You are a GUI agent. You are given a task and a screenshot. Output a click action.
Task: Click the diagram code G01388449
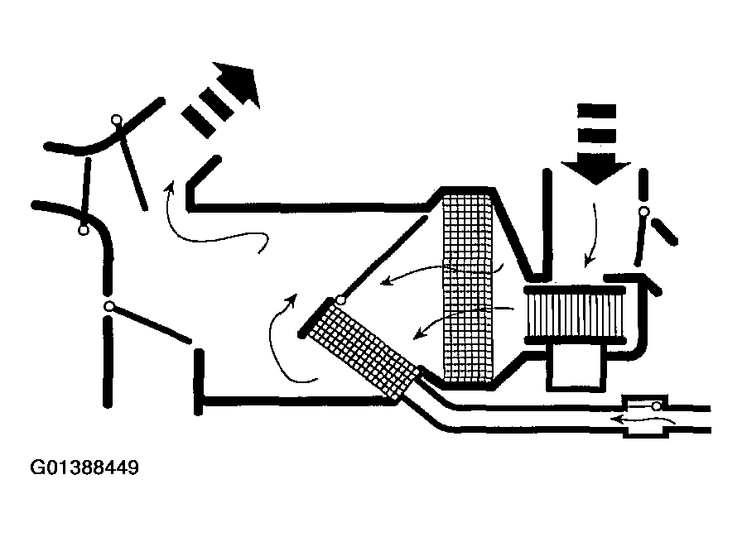click(84, 468)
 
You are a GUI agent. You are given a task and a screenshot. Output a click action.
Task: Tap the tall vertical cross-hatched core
click(468, 285)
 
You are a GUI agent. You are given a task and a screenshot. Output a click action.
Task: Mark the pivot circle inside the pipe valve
click(656, 406)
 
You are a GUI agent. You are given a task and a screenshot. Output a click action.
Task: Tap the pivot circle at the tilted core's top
click(340, 300)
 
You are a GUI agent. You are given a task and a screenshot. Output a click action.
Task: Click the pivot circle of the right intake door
click(643, 213)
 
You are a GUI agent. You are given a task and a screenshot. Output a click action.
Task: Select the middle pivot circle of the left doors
click(83, 230)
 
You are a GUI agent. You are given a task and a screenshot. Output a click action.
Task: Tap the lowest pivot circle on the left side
click(108, 306)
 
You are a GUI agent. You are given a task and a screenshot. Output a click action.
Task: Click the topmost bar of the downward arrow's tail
click(596, 109)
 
